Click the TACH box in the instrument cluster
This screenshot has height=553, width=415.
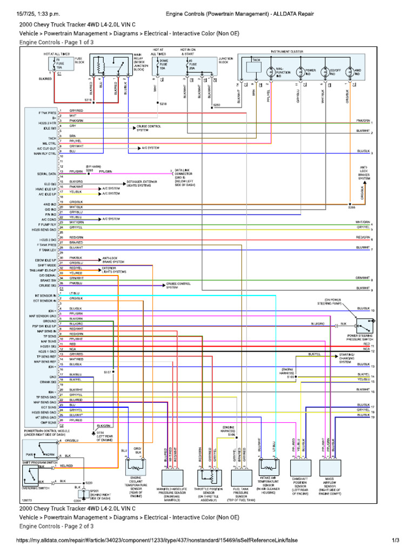253,66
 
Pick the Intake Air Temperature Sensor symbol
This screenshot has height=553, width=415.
269,465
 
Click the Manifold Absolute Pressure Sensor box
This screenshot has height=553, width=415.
172,475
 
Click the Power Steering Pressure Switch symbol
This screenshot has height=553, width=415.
362,325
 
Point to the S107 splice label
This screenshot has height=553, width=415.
107,372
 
